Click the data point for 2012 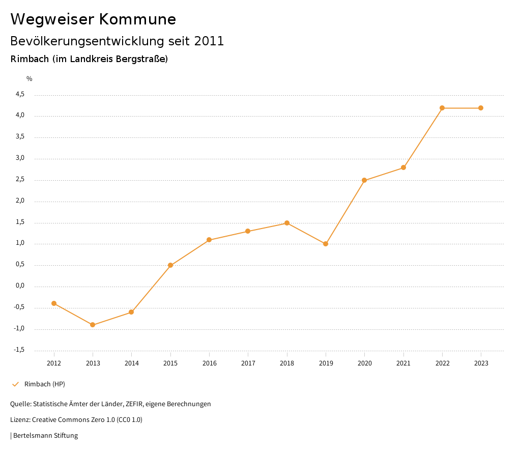[54, 303]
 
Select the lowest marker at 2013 [93, 325]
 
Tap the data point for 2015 [170, 265]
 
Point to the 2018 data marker [287, 223]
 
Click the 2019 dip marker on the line [326, 244]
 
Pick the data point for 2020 [364, 180]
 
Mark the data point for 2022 [442, 108]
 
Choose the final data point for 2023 [481, 108]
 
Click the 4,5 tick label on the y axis [20, 95]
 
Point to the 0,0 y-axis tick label [20, 286]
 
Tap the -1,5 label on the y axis [19, 350]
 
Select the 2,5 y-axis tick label [20, 180]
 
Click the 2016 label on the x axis [209, 363]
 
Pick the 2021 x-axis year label [403, 363]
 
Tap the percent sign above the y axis [30, 79]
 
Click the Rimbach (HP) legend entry [45, 384]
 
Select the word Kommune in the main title [137, 19]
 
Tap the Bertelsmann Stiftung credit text [45, 436]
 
